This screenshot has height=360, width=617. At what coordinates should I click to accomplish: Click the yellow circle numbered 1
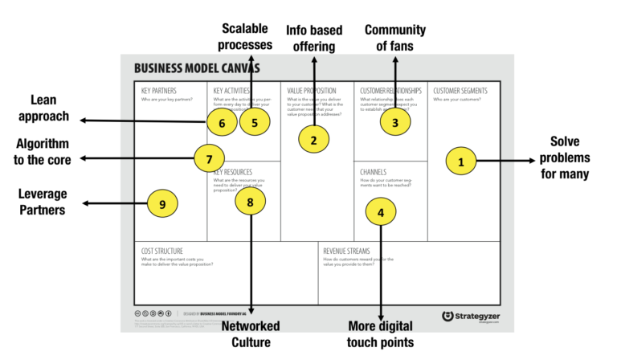click(x=460, y=162)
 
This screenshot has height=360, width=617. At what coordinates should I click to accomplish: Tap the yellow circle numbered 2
click(x=313, y=140)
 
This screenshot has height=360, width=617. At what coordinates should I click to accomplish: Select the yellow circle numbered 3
click(x=394, y=122)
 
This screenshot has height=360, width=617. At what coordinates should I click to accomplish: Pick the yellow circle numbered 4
click(x=380, y=211)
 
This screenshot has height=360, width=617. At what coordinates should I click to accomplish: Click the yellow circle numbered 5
click(x=254, y=122)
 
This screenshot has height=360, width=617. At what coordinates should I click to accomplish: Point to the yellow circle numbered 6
click(x=222, y=122)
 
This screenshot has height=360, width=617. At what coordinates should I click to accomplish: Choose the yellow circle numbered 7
click(x=209, y=157)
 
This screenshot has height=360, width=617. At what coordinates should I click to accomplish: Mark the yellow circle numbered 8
click(x=250, y=202)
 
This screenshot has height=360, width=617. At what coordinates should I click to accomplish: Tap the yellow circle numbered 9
click(x=162, y=204)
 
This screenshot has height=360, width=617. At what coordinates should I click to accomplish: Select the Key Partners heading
click(x=158, y=91)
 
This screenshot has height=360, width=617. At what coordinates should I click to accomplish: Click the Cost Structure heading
click(x=162, y=251)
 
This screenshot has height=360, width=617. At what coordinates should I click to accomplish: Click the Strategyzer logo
click(x=472, y=316)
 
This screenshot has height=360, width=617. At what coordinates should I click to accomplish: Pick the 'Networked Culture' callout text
click(x=250, y=333)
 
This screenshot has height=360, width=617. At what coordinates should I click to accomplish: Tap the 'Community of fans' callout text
click(x=394, y=38)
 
